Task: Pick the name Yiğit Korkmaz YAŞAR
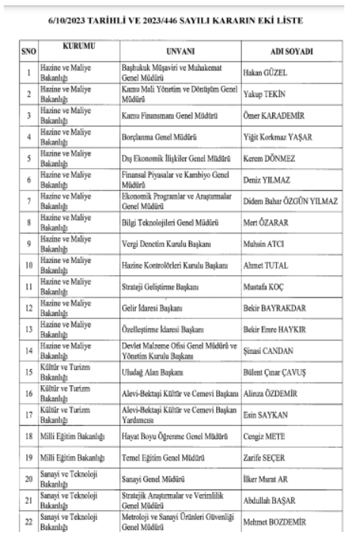(281, 137)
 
